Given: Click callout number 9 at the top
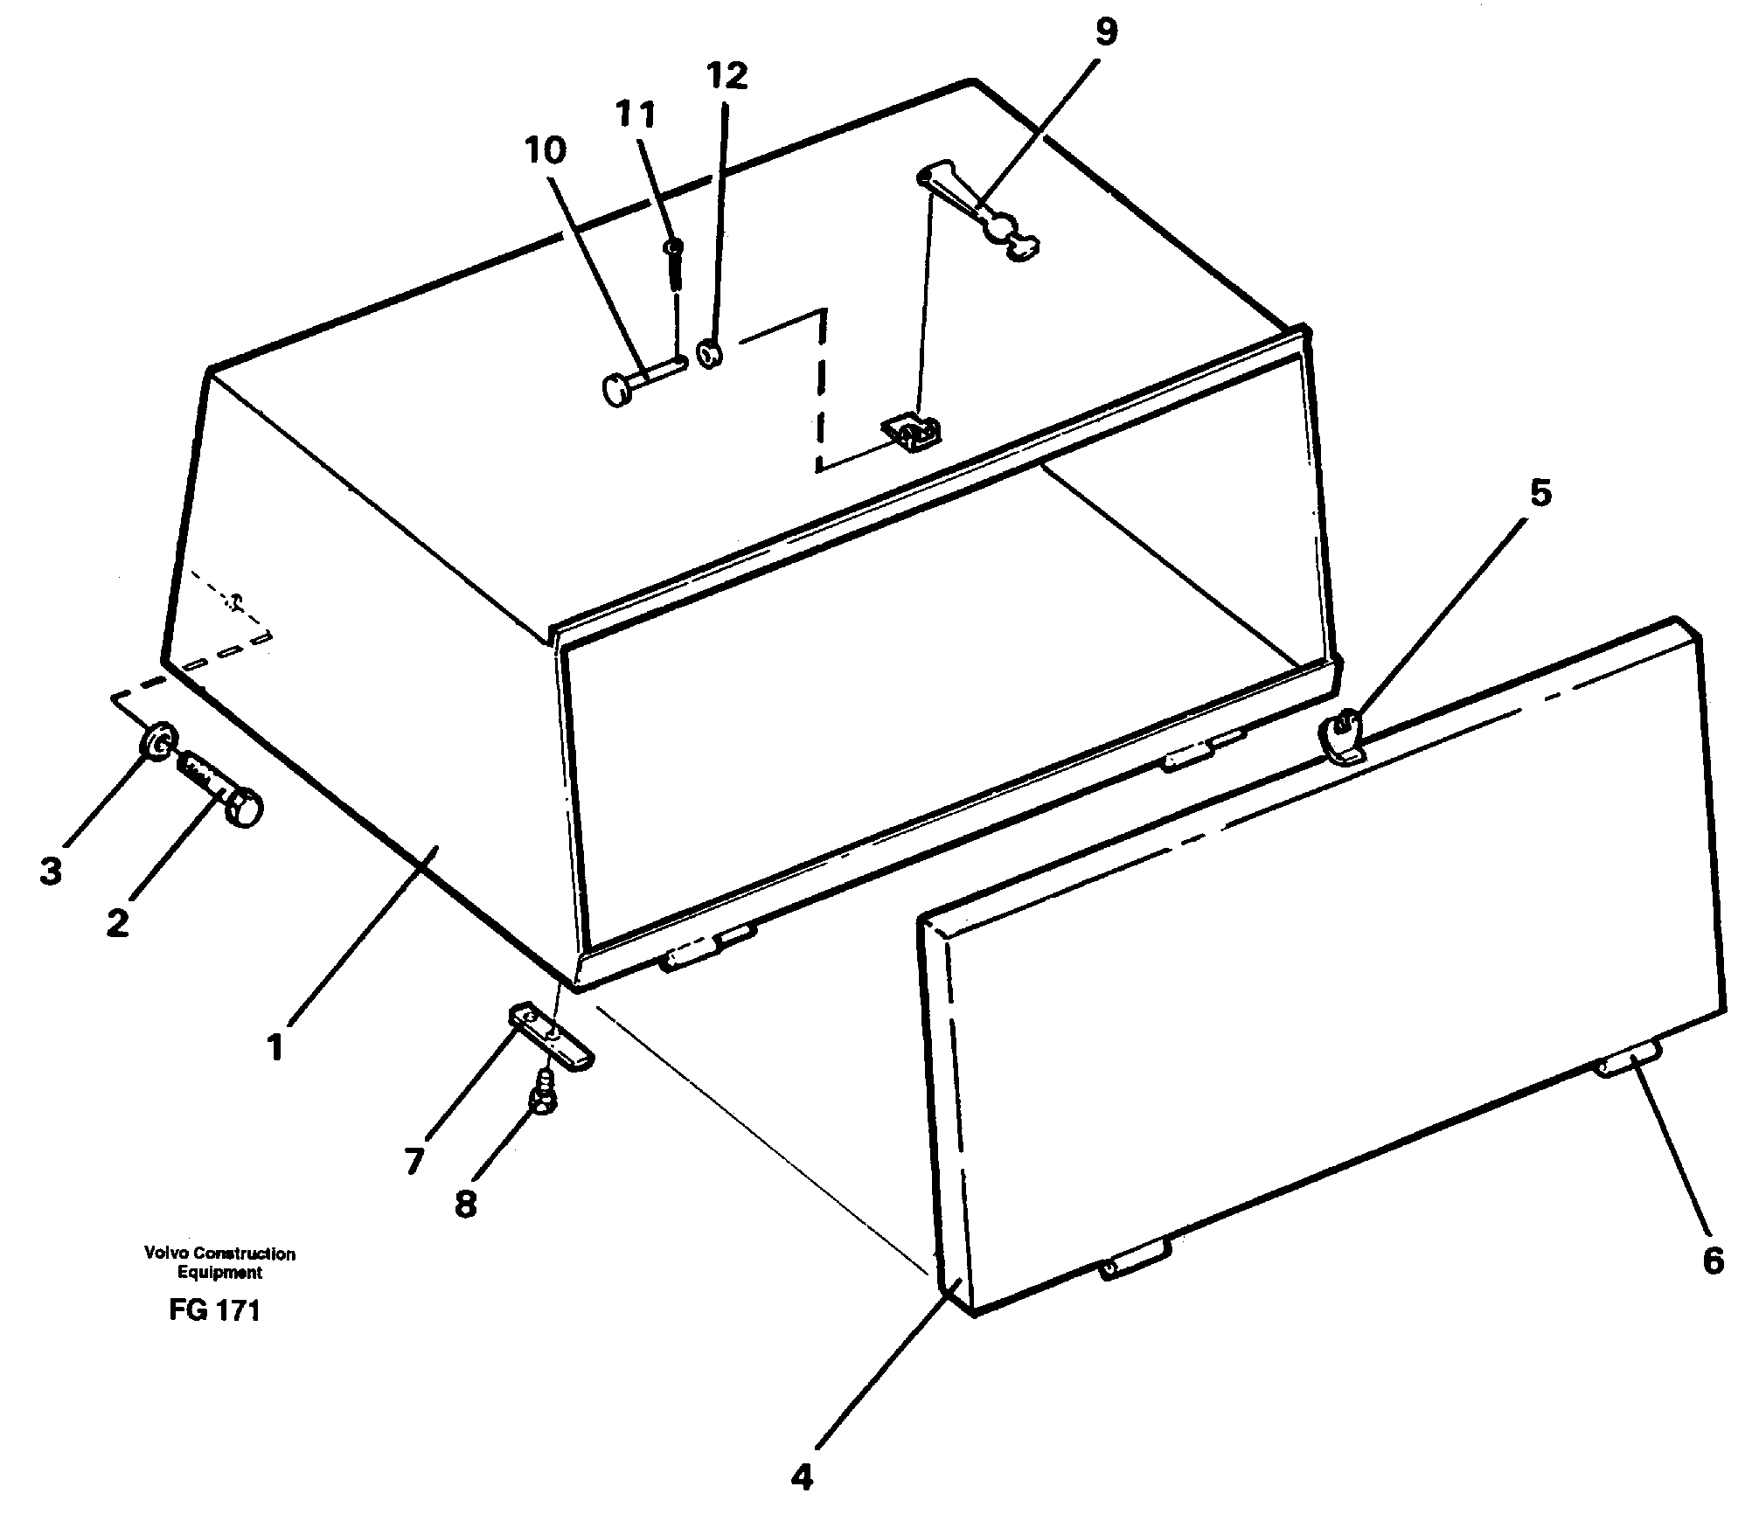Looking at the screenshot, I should (x=1105, y=32).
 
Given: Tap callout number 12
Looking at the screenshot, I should (x=728, y=76).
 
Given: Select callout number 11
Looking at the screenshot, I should (x=635, y=115).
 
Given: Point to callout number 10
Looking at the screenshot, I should (x=546, y=150).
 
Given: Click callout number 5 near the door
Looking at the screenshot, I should (x=1540, y=494).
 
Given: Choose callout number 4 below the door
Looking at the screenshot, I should (x=802, y=1478).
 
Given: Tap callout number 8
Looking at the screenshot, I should (x=465, y=1205).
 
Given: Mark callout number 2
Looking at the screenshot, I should (x=117, y=922).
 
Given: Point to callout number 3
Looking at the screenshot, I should (x=51, y=871).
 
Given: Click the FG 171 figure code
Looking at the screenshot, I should (x=215, y=1311).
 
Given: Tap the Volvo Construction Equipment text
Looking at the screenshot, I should (x=219, y=1263).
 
